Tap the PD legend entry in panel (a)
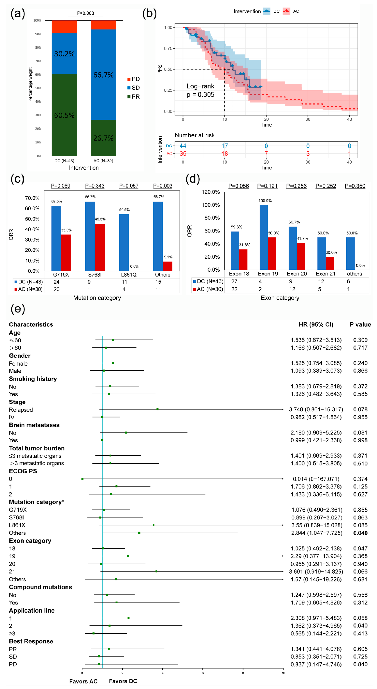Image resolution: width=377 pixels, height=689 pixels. tap(133, 79)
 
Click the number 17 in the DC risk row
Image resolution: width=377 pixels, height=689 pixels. tap(225, 146)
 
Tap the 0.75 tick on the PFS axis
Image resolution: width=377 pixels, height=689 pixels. tap(168, 48)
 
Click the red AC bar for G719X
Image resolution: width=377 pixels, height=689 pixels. tap(66, 252)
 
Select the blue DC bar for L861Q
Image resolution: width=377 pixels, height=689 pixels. tap(124, 242)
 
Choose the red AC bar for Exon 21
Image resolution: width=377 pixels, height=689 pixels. tap(330, 263)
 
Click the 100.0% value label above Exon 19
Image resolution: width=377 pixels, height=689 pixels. tap(265, 201)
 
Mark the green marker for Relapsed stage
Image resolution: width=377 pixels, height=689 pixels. tap(157, 409)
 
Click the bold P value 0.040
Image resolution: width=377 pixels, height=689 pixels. tap(360, 533)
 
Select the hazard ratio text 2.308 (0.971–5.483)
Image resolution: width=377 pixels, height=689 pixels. tap(316, 618)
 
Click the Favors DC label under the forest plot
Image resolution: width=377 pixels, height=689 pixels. tap(123, 681)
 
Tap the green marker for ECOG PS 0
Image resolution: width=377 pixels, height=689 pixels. tap(82, 478)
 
